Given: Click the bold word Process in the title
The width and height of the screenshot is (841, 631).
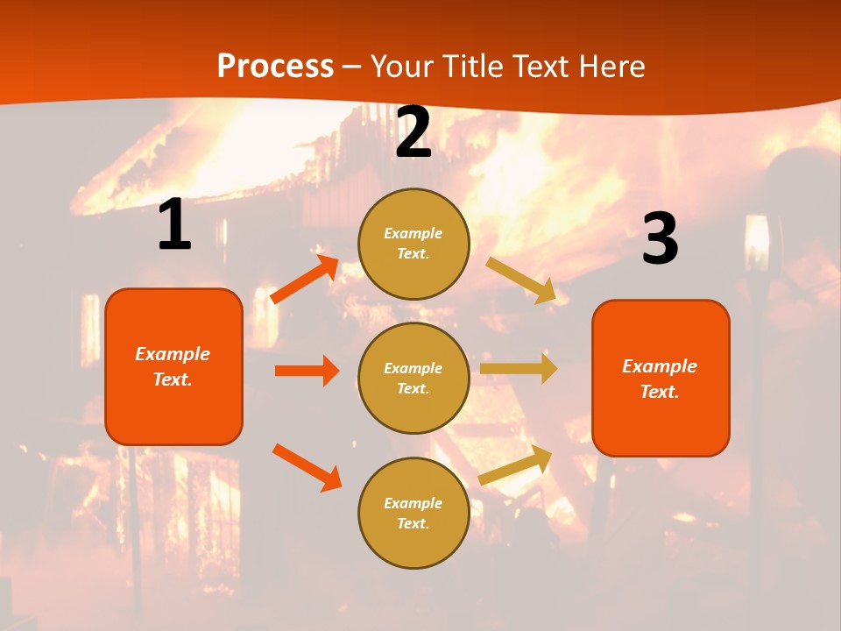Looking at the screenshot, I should pyautogui.click(x=275, y=67).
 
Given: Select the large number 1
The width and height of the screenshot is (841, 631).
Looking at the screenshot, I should pyautogui.click(x=174, y=225).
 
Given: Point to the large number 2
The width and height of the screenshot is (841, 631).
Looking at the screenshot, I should pyautogui.click(x=413, y=133).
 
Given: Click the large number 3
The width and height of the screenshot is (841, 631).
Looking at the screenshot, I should pyautogui.click(x=660, y=239).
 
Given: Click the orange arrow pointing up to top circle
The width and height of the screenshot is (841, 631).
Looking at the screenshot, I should pyautogui.click(x=305, y=280).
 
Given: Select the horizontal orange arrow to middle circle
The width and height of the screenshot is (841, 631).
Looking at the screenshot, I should pyautogui.click(x=307, y=371).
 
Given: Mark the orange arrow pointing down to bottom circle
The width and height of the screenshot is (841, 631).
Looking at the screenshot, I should pyautogui.click(x=307, y=467).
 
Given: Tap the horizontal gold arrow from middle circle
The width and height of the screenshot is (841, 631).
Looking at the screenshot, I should pyautogui.click(x=519, y=368).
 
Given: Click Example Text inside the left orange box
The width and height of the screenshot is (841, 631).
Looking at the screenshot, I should pyautogui.click(x=173, y=366).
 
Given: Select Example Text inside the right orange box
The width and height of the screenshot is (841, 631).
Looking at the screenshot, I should pyautogui.click(x=660, y=379).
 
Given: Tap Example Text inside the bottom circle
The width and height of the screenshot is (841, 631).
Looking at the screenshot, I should pyautogui.click(x=413, y=513).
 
